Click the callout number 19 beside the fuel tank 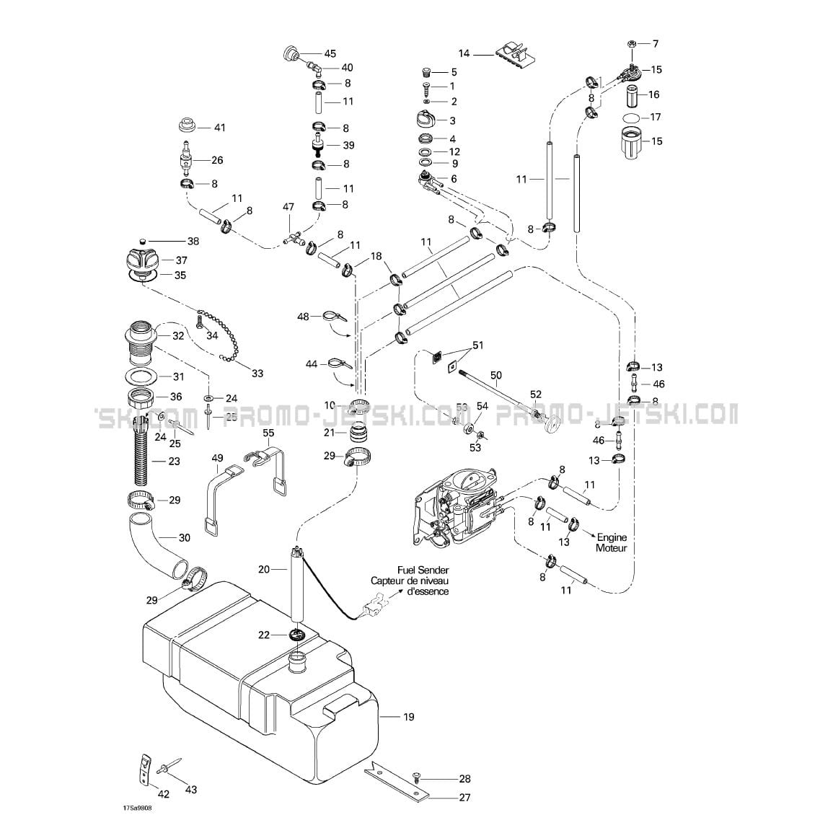[x=408, y=717]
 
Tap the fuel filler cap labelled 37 [x=145, y=258]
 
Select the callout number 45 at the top [x=330, y=53]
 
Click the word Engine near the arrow [x=612, y=537]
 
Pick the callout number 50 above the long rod [x=495, y=375]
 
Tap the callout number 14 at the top [x=464, y=53]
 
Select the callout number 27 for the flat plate [x=464, y=797]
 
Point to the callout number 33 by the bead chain [x=257, y=373]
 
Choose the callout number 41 [x=219, y=128]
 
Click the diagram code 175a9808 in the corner [x=137, y=808]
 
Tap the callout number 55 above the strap [x=268, y=433]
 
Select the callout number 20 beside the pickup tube [x=263, y=569]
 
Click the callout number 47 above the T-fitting [x=288, y=207]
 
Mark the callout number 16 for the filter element [x=653, y=94]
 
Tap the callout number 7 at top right [x=655, y=44]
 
